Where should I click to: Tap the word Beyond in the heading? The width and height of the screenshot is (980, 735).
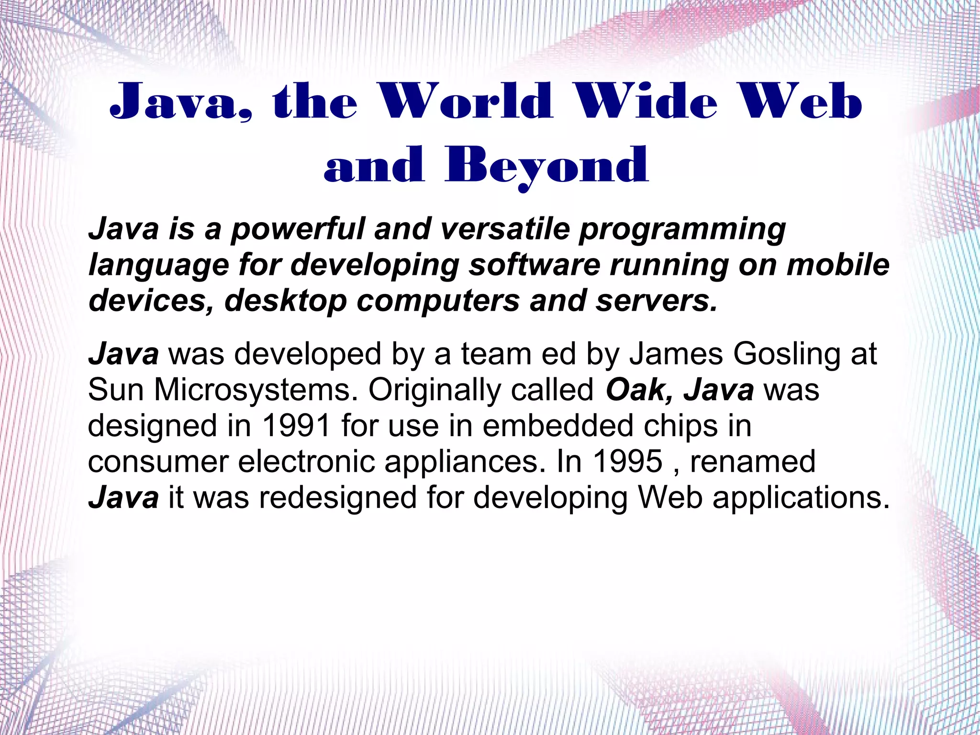coord(546,166)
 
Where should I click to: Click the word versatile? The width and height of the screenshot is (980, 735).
coord(504,229)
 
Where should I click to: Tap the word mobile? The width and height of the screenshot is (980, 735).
coord(838,264)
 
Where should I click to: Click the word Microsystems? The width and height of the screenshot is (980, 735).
coord(256,390)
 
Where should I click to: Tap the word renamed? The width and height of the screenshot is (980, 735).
coord(753,462)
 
